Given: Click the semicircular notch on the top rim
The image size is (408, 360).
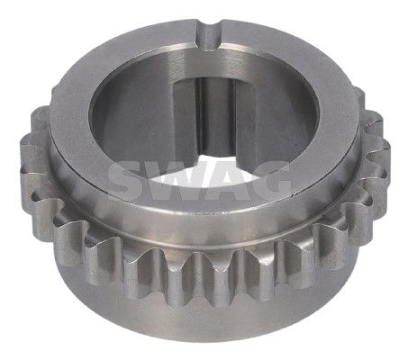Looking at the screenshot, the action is point(209,33).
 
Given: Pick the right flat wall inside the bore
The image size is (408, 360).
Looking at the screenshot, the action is point(245,120).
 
